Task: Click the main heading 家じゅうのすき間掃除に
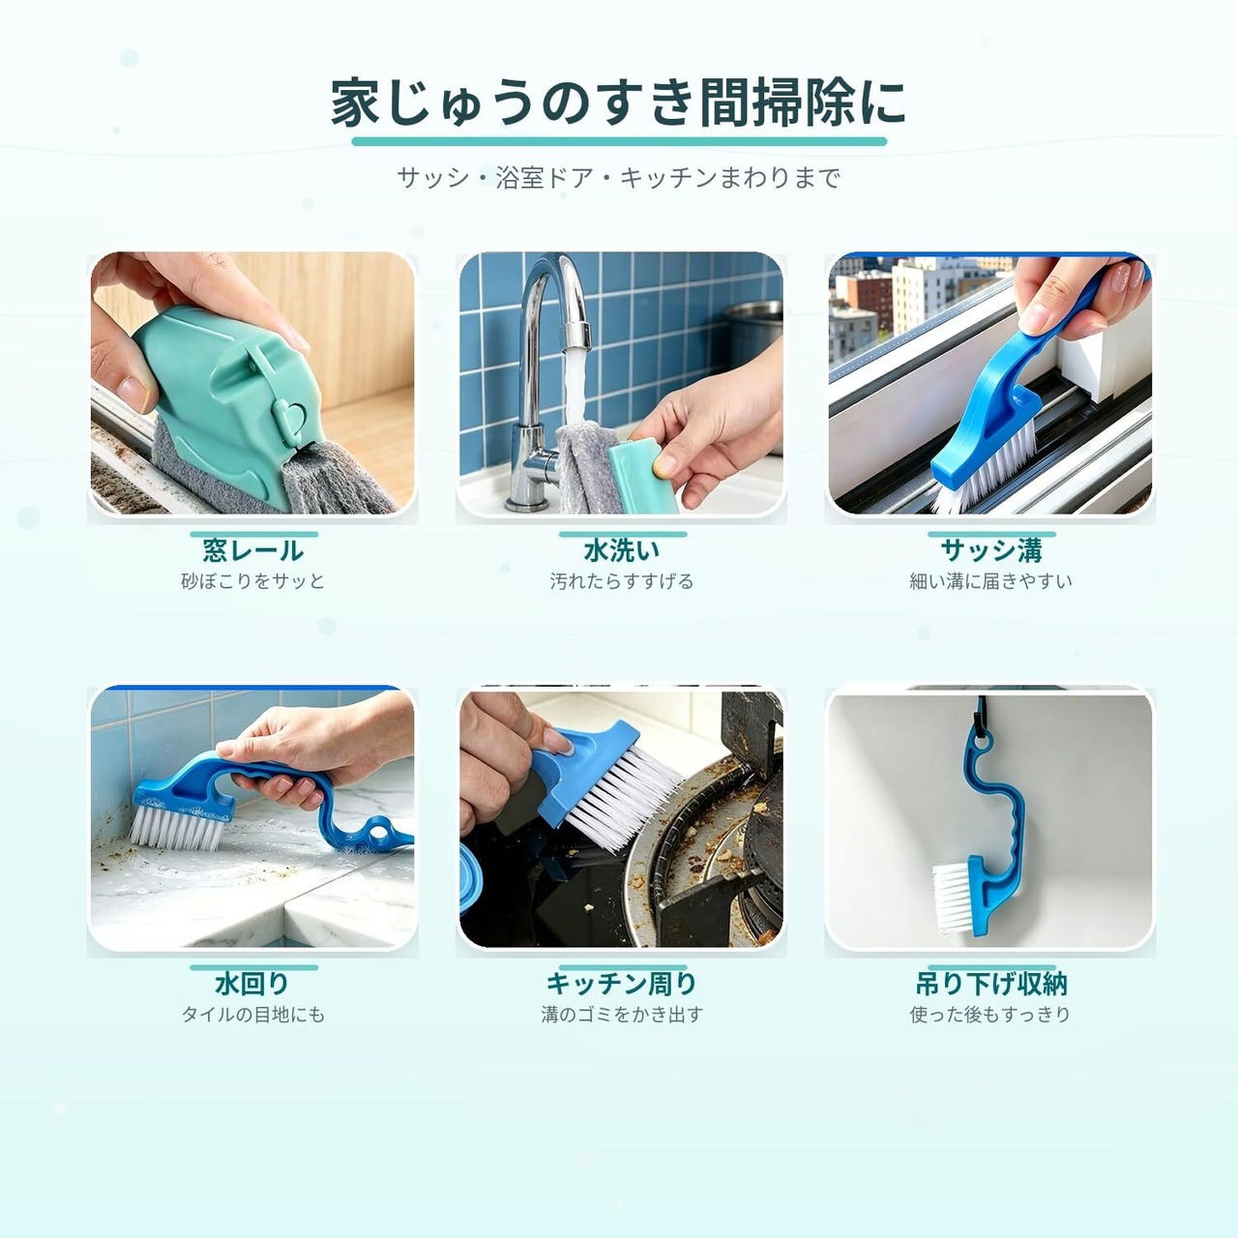click(618, 103)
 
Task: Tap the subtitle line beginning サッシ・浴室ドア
click(619, 178)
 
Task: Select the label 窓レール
click(253, 550)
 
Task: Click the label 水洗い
click(621, 550)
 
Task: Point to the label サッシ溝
click(990, 550)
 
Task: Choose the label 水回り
click(253, 984)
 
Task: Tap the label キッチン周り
click(621, 984)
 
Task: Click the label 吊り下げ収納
click(990, 984)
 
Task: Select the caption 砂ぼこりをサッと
click(253, 581)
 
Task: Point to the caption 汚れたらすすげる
click(621, 581)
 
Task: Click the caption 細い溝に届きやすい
click(990, 581)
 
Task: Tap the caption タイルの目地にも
click(253, 1015)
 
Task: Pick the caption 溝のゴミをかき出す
click(621, 1015)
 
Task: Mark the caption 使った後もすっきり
click(990, 1015)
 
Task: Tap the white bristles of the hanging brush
click(953, 897)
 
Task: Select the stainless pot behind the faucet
click(752, 334)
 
